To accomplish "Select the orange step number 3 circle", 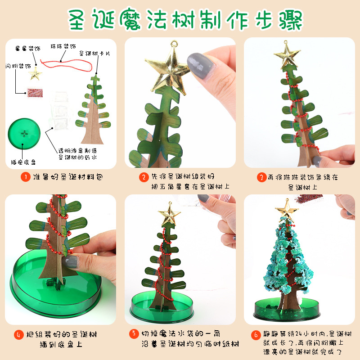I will click(x=261, y=177).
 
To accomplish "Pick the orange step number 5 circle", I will click(x=134, y=335).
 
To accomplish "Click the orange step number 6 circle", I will click(x=255, y=335).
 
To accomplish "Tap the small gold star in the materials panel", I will click(x=35, y=74).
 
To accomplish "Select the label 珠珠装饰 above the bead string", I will click(x=63, y=46).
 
